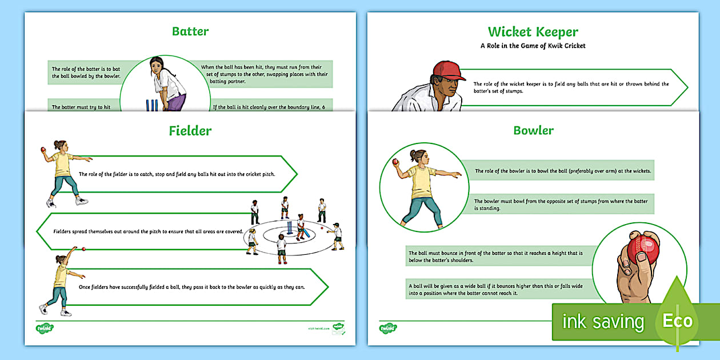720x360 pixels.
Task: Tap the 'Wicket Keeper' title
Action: pyautogui.click(x=533, y=31)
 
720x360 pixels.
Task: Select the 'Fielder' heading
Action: pyautogui.click(x=190, y=131)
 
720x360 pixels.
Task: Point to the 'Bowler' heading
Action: pyautogui.click(x=533, y=130)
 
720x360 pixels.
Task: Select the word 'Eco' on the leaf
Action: pyautogui.click(x=678, y=321)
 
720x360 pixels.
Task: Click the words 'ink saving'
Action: pyautogui.click(x=603, y=322)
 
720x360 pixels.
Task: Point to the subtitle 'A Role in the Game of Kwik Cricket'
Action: pyautogui.click(x=533, y=46)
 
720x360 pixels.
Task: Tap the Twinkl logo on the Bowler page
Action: pyautogui.click(x=388, y=329)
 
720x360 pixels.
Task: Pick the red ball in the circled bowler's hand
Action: pyautogui.click(x=395, y=163)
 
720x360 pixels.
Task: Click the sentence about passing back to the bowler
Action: pyautogui.click(x=192, y=287)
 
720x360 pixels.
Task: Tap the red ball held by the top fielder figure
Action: pyautogui.click(x=43, y=150)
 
